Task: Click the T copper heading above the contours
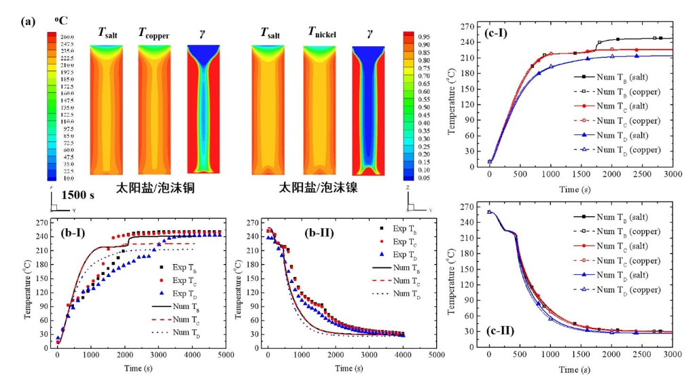tap(154, 33)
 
